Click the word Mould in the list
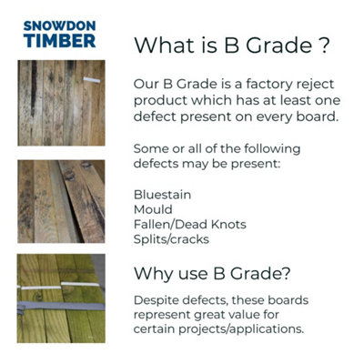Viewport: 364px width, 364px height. pos(153,209)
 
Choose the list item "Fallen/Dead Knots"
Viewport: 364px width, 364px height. pos(188,224)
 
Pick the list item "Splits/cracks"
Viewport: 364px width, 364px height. pos(172,238)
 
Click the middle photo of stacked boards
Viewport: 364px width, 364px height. pos(61,201)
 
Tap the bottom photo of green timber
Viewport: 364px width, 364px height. pos(61,298)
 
